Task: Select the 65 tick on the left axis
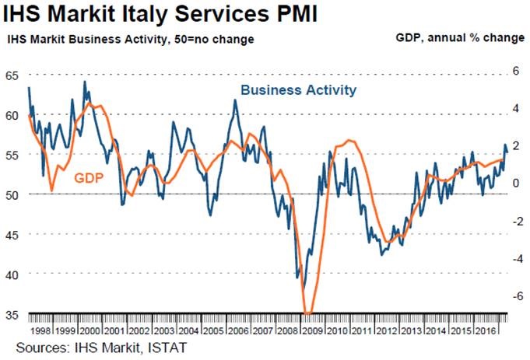point(11,75)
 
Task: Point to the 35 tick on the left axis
point(11,314)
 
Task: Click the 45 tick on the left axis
point(11,234)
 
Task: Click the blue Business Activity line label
point(298,90)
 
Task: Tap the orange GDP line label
point(90,178)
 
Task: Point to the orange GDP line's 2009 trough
point(308,313)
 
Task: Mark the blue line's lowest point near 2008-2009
point(297,277)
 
